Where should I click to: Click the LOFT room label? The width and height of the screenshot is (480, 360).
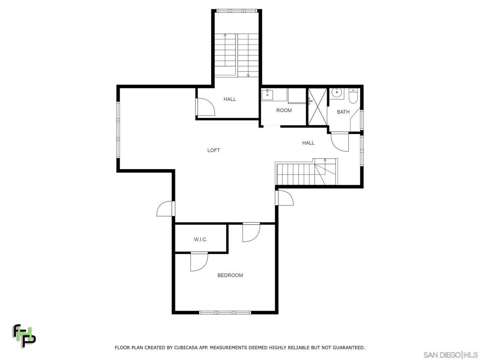pos(214,150)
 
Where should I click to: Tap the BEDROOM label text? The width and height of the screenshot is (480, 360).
pos(230,276)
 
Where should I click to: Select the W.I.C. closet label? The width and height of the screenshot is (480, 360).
pos(201,240)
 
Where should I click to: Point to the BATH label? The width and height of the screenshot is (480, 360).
pos(343,112)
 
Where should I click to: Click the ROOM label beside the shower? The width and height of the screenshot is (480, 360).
pos(284,111)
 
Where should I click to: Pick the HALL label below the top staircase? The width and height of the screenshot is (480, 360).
pos(230,99)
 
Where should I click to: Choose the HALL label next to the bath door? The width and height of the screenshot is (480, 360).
pos(308,143)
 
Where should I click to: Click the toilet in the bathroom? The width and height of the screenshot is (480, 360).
pos(353,95)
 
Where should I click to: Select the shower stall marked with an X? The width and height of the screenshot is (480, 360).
pos(317,106)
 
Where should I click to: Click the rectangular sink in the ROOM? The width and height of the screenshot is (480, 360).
pos(267,95)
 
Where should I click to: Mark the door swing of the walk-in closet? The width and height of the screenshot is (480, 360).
pos(199,262)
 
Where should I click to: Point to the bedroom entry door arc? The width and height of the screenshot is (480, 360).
pos(251,233)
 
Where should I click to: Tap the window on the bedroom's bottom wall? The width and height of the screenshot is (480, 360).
pos(225,313)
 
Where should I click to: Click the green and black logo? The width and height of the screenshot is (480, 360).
pos(24,336)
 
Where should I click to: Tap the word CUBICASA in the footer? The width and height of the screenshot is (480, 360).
pos(186,348)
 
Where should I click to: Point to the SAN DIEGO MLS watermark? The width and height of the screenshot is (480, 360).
pos(450,355)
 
